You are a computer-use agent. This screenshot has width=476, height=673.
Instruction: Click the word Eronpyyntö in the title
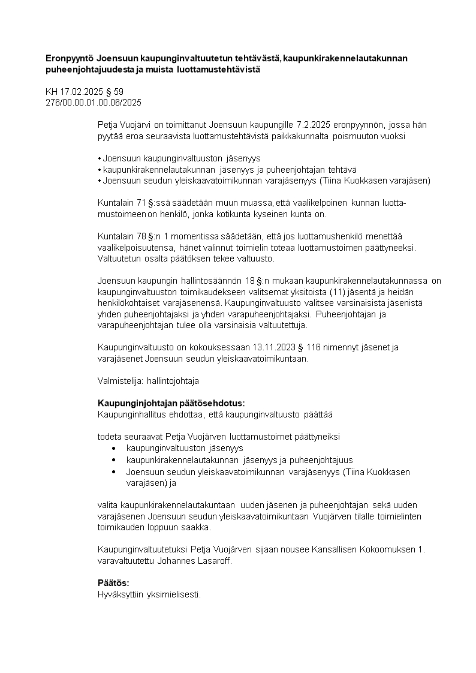[x=70, y=58]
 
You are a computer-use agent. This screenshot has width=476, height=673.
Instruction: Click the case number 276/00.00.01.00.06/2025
[x=94, y=103]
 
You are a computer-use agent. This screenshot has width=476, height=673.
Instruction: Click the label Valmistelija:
[x=118, y=380]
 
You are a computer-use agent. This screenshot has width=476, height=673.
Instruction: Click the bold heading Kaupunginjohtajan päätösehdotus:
[x=171, y=403]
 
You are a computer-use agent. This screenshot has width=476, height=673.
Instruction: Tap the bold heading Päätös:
[x=113, y=583]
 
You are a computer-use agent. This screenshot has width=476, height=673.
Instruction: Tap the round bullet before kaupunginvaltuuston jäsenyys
[x=114, y=448]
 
